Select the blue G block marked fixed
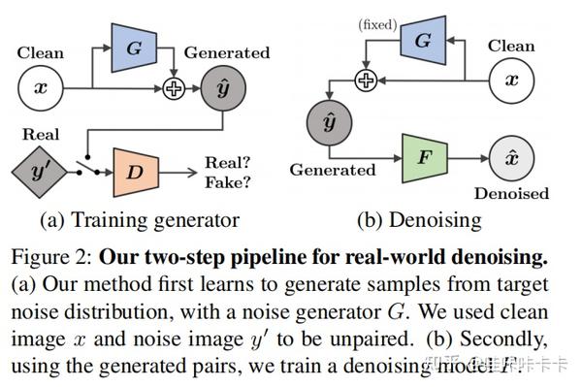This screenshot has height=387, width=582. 423,42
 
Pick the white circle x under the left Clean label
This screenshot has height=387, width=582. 40,86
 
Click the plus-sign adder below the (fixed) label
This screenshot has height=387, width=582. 365,81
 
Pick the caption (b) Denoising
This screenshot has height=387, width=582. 418,220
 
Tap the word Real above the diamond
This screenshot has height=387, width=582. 39,135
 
